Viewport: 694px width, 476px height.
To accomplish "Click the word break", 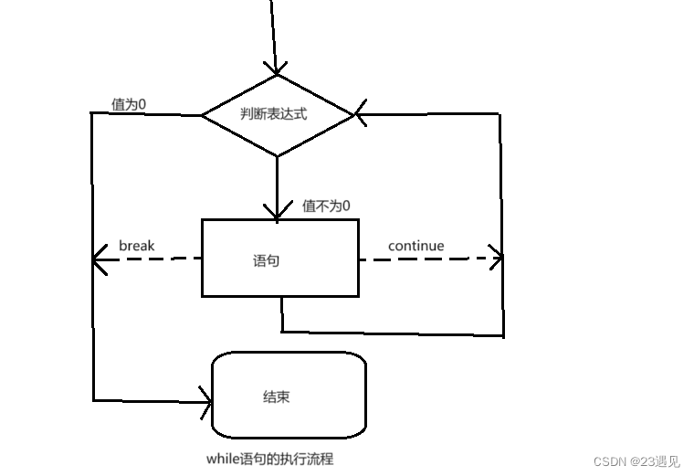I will click(x=137, y=246).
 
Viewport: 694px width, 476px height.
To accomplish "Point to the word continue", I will click(x=415, y=246).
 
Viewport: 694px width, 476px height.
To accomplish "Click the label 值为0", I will click(x=129, y=104).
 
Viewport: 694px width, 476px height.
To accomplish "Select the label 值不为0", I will click(x=326, y=206).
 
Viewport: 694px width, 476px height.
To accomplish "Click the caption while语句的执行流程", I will click(x=271, y=459).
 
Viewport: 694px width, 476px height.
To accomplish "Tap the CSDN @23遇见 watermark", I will click(x=636, y=461).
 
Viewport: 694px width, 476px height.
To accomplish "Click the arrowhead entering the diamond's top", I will click(x=276, y=69).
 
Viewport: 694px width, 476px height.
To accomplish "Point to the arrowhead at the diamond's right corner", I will click(x=360, y=115).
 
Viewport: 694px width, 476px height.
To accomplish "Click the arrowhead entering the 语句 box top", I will click(x=277, y=213).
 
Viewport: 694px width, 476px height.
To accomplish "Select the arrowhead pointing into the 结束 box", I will click(x=205, y=399).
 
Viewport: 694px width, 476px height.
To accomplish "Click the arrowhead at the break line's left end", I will click(x=99, y=260).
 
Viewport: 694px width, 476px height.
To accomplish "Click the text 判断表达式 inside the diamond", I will click(x=274, y=114).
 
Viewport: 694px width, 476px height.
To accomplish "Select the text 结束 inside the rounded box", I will click(x=277, y=397).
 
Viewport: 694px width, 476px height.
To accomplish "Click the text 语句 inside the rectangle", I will click(x=266, y=260).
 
